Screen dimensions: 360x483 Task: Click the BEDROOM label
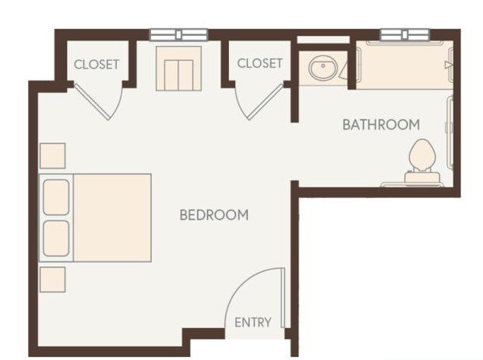[214, 215]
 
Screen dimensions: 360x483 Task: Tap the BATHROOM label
[381, 125]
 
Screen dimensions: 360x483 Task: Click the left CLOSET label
[97, 64]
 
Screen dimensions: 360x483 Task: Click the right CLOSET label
[259, 63]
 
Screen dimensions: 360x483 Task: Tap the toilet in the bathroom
[422, 157]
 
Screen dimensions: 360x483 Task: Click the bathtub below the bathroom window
[404, 65]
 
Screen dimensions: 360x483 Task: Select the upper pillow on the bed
[56, 197]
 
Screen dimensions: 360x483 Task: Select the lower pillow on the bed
[56, 238]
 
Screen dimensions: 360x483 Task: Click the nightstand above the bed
[53, 156]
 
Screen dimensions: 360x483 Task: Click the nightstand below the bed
[53, 279]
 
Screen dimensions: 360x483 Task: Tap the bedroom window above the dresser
[179, 34]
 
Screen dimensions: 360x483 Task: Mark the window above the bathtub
[404, 34]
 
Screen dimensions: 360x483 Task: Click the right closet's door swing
[260, 101]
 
